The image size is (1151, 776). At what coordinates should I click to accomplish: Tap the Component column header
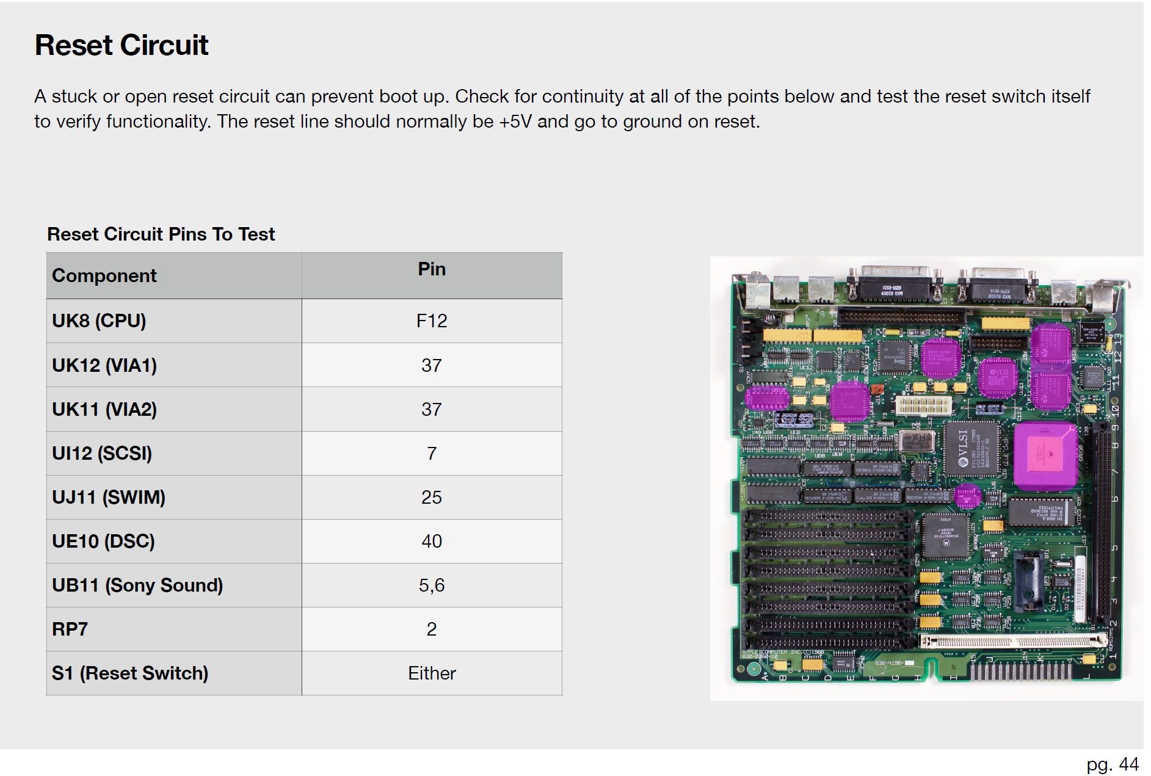coord(104,276)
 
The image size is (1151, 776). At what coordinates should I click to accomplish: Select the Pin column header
coord(432,269)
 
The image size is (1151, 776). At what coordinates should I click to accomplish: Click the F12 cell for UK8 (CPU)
coord(432,321)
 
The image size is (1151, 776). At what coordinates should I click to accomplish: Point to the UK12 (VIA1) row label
coord(104,366)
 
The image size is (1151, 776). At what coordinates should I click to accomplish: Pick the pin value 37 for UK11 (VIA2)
coord(432,410)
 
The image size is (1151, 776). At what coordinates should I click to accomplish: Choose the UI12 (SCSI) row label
coord(102,454)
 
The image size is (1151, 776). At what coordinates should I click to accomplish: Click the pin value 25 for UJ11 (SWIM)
coord(432,498)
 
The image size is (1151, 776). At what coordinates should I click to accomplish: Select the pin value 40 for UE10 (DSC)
coord(432,542)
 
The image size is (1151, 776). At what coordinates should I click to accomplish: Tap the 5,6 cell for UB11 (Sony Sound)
coord(432,586)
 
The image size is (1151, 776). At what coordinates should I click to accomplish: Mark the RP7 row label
coord(70,629)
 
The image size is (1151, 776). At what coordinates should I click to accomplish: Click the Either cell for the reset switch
coord(432,673)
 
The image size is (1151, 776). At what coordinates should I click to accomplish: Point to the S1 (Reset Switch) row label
coord(130,673)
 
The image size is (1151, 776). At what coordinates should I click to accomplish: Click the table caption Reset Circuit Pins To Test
coord(161,234)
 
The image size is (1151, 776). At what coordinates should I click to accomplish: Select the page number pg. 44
coord(1113,764)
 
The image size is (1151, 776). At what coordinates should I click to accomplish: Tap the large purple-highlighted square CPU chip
coord(1045,455)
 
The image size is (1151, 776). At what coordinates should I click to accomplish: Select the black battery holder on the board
coord(1030,580)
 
